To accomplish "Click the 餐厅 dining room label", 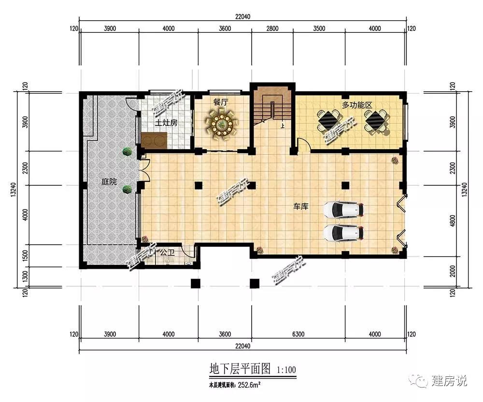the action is point(220,102).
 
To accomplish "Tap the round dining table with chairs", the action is point(221,125).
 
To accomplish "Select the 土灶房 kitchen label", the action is point(166,123).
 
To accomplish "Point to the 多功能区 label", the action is point(357,105).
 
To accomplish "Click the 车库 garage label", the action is point(300,206).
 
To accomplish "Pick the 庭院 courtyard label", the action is point(109,181).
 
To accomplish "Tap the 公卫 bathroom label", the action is point(167,253).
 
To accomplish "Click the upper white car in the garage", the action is point(343,209).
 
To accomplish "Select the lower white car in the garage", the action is point(343,233).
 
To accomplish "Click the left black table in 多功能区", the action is point(328,121).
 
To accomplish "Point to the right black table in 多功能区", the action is point(376,121).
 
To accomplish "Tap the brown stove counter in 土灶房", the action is point(154,140).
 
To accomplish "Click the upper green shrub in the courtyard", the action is point(127,152).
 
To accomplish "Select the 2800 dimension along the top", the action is point(272,28).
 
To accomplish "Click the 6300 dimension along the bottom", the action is point(298,334).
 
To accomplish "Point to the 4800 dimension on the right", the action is point(452,221).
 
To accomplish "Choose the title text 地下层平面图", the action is point(240,368).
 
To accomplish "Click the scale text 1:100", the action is point(286,370).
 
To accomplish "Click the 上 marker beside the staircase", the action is point(282,125).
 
